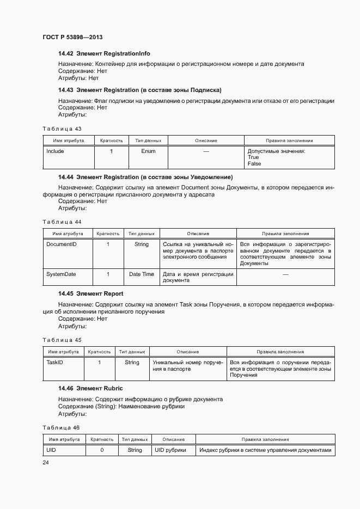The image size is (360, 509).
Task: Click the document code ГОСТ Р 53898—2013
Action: [x=72, y=38]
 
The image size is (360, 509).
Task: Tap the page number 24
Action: [x=46, y=462]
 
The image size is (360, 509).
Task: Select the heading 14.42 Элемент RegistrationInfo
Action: [x=104, y=54]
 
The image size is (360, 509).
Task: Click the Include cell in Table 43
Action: [x=55, y=151]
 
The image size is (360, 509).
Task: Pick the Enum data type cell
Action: [x=148, y=151]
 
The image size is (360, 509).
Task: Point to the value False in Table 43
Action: [x=254, y=164]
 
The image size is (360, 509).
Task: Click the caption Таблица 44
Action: [x=62, y=222]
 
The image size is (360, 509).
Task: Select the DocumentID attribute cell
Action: [x=62, y=244]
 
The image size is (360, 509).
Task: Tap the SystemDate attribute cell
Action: [x=61, y=274]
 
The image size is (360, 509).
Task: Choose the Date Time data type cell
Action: [x=142, y=274]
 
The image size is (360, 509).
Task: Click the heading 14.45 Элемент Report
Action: [x=91, y=293]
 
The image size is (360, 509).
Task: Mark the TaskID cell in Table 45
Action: [x=55, y=363]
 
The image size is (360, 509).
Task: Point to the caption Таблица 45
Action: [x=62, y=340]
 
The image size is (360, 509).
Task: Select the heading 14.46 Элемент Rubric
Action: [x=90, y=388]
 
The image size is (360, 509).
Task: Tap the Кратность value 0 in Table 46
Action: [x=102, y=450]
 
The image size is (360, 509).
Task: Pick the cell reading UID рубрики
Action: [x=170, y=450]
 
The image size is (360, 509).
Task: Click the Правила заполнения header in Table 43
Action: [x=289, y=140]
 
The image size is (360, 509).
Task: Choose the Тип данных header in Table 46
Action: [x=135, y=439]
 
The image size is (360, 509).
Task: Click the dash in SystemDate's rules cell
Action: [x=285, y=275]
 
